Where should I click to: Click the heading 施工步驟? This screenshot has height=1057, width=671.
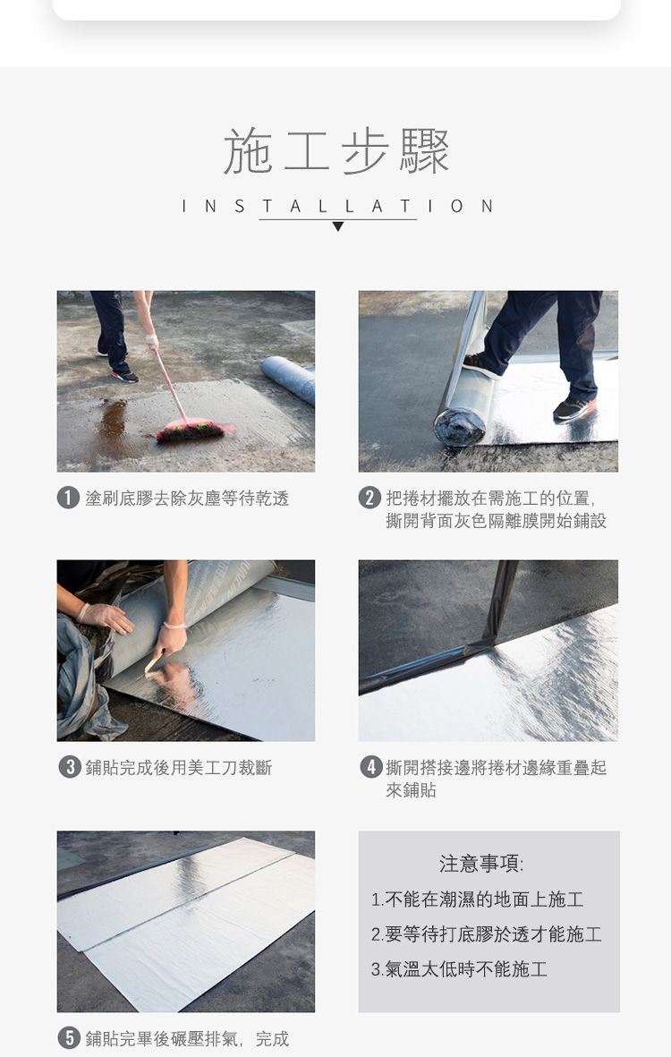pos(336,151)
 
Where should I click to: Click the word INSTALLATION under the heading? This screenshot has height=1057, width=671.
pos(337,206)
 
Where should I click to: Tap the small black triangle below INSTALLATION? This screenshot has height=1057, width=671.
pos(338,226)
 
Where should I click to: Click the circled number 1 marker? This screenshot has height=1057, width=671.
pos(68,499)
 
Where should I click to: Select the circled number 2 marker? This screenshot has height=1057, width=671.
pos(369,499)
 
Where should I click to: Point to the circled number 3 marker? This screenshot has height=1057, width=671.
pos(70,767)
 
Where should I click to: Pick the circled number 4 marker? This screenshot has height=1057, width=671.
pos(371,767)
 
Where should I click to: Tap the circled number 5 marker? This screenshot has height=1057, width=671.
pos(69,1038)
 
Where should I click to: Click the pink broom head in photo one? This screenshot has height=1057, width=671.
pos(192,430)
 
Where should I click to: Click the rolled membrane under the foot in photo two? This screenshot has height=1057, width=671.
pos(462,411)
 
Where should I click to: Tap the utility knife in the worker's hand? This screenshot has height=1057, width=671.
pos(152,663)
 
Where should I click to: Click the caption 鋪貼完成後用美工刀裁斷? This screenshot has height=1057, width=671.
pos(179,768)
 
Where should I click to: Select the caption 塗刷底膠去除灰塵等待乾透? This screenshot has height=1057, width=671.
pos(187,499)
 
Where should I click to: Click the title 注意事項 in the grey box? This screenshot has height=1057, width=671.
pos(481,864)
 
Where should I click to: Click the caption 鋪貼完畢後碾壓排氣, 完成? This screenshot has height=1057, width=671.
pos(187,1039)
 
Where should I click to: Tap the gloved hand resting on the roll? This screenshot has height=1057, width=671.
pos(106,617)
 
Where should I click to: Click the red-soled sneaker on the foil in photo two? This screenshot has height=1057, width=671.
pos(574,408)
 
